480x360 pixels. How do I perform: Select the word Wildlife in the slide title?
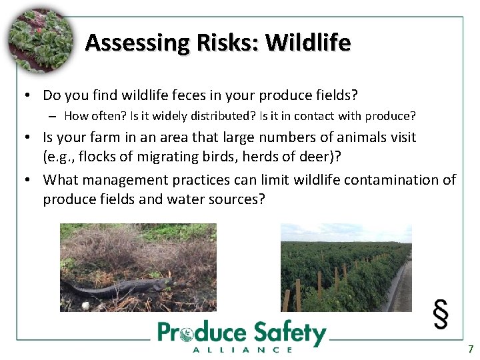(308, 43)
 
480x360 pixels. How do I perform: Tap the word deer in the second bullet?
(324, 158)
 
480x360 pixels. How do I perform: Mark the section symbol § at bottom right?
(441, 314)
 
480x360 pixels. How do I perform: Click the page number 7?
(471, 349)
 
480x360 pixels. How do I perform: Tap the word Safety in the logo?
(291, 333)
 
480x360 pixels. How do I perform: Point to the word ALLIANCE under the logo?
(242, 349)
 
